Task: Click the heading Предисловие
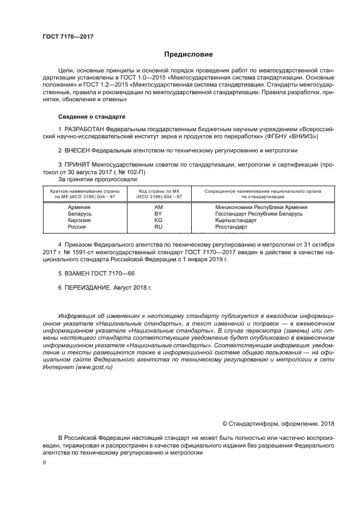point(185,54)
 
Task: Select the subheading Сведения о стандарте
point(91,117)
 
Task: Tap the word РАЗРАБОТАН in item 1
point(84,128)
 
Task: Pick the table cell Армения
point(79,207)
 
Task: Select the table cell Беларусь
point(80,214)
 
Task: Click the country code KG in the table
point(158,220)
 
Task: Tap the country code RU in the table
point(158,227)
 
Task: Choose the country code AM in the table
point(158,207)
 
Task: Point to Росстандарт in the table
point(231,227)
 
